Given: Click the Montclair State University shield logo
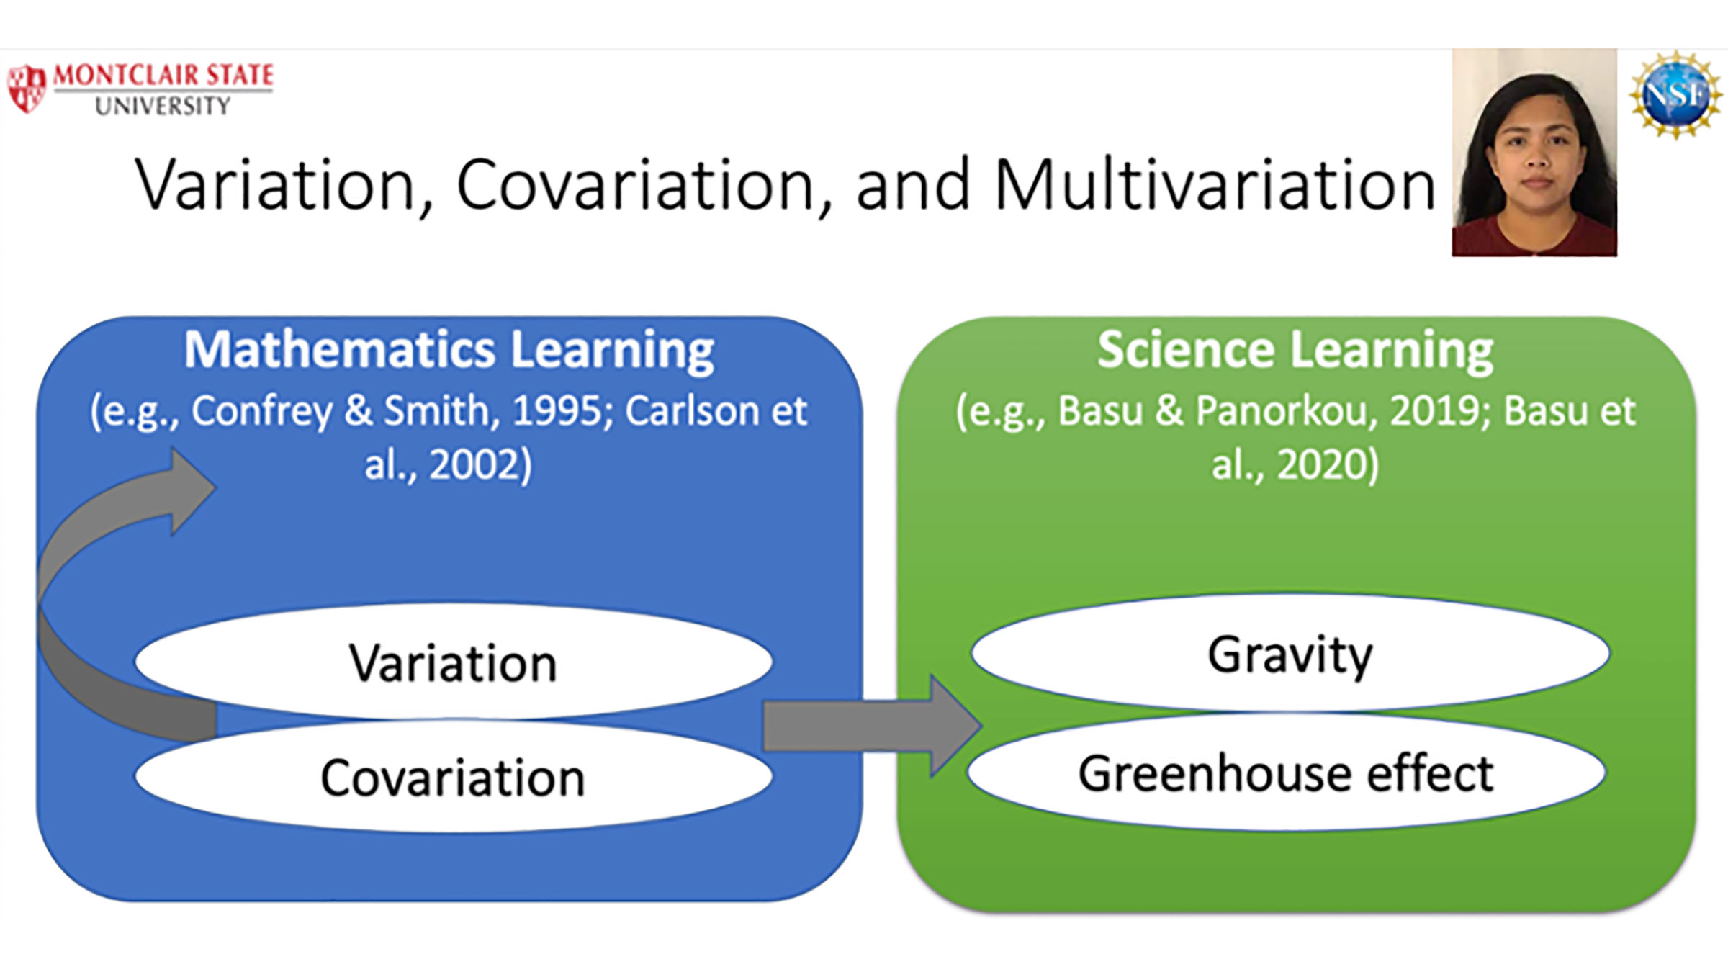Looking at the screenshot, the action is click(x=27, y=89).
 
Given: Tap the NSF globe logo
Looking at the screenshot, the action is click(x=1675, y=94).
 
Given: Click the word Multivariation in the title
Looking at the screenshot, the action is click(x=1215, y=185).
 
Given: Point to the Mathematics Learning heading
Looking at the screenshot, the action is click(x=449, y=351).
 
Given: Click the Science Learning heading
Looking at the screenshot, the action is click(x=1295, y=351).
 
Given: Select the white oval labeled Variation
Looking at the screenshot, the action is click(x=454, y=661).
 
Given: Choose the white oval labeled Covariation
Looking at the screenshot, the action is click(x=454, y=776).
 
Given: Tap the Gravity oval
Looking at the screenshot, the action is click(x=1290, y=652).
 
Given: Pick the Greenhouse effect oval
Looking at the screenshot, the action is click(x=1286, y=772).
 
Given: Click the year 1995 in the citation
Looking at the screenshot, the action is click(x=562, y=411).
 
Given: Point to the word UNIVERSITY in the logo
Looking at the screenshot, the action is click(x=163, y=107).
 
